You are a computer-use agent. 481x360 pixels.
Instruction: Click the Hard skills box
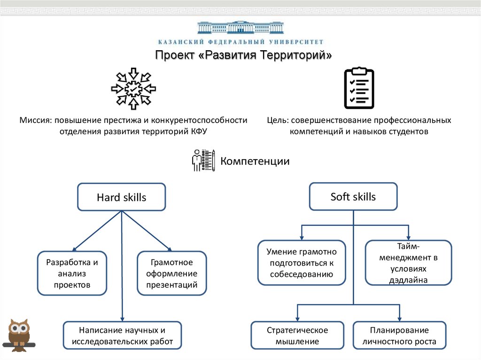pyautogui.click(x=121, y=197)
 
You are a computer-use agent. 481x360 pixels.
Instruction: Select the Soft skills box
pyautogui.click(x=353, y=196)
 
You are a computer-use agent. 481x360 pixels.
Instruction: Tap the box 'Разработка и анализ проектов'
pyautogui.click(x=72, y=273)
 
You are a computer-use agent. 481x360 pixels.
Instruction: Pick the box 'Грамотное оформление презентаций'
pyautogui.click(x=171, y=273)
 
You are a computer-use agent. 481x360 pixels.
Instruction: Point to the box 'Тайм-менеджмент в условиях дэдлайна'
pyautogui.click(x=408, y=263)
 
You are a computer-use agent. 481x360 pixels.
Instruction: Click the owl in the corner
pyautogui.click(x=19, y=334)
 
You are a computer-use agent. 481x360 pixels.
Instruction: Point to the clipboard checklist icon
pyautogui.click(x=359, y=88)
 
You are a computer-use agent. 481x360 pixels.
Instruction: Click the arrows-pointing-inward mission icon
pyautogui.click(x=133, y=88)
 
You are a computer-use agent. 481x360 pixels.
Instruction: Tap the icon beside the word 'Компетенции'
pyautogui.click(x=203, y=161)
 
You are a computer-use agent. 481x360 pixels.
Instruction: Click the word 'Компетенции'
pyautogui.click(x=255, y=161)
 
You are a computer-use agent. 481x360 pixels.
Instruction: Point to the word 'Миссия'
pyautogui.click(x=36, y=120)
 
